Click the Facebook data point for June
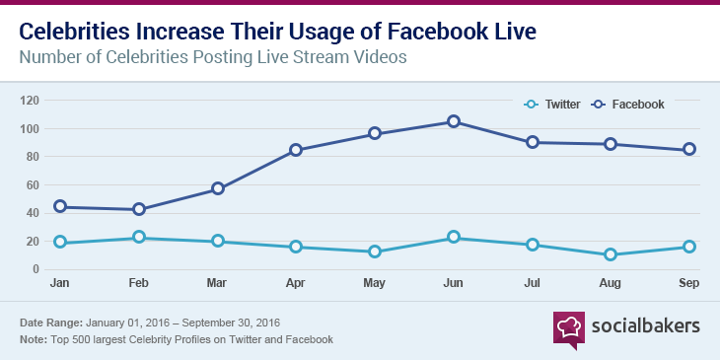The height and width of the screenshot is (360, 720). (x=454, y=121)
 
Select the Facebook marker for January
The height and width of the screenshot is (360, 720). (x=60, y=206)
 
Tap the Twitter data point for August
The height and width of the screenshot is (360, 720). (x=611, y=254)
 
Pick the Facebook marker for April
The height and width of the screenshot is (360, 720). (x=296, y=150)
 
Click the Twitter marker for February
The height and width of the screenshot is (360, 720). (x=139, y=237)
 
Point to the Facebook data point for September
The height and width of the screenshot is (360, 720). (x=689, y=150)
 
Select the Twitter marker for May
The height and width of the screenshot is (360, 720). (x=375, y=252)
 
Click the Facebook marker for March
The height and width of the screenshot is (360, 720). (x=218, y=188)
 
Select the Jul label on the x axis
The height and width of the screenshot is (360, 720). (x=533, y=283)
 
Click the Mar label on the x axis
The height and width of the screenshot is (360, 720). (x=218, y=283)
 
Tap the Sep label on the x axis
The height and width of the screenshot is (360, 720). (x=689, y=283)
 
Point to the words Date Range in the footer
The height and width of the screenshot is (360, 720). (x=50, y=323)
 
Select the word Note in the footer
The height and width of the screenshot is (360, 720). (x=34, y=339)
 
